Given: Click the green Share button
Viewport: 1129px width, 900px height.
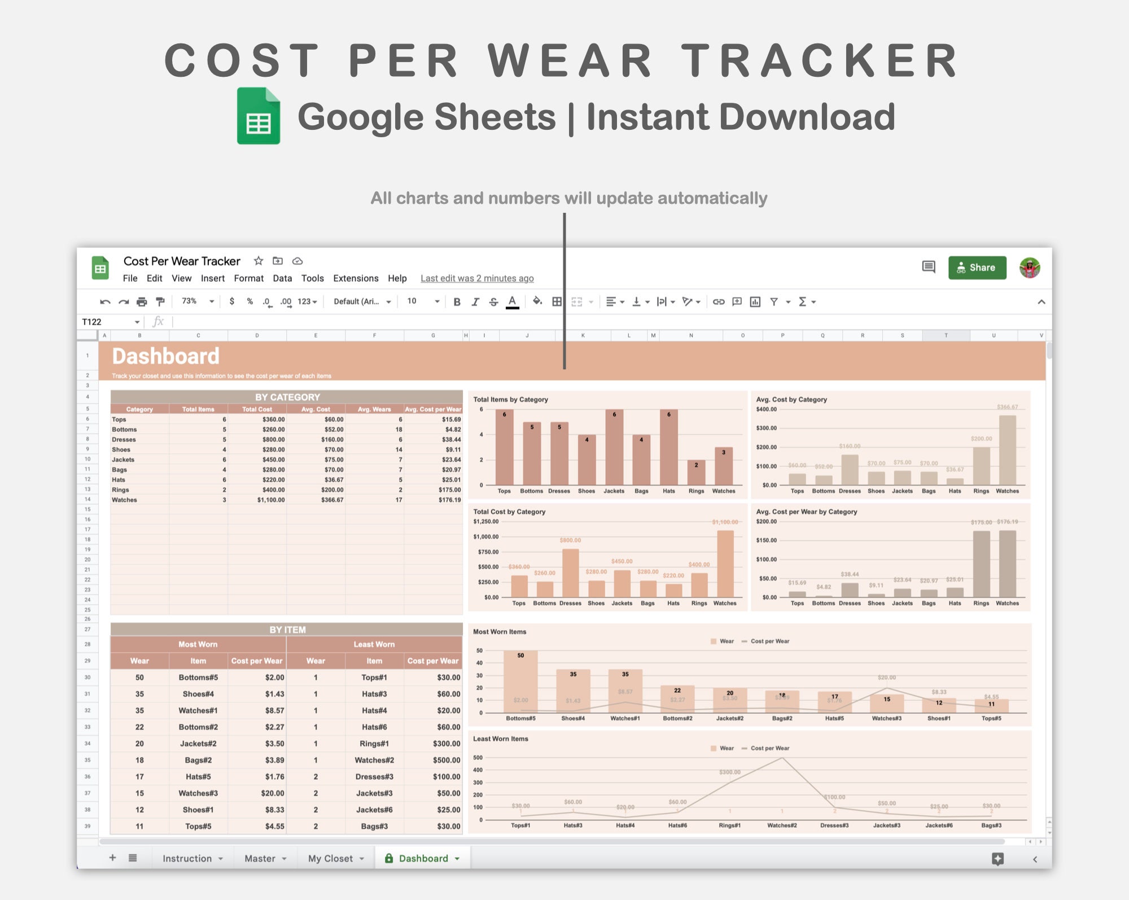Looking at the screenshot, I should pos(977,268).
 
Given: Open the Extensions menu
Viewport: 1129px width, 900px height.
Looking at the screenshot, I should pos(356,278).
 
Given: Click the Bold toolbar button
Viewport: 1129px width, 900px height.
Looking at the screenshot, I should pos(457,302).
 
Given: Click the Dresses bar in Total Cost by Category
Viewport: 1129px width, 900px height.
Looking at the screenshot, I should pos(570,573).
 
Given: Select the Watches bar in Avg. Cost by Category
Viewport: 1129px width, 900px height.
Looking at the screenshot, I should pos(1007,450).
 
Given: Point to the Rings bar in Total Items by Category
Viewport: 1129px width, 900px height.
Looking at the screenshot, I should pos(696,473).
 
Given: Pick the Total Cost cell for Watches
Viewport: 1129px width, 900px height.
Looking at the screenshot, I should pos(271,500).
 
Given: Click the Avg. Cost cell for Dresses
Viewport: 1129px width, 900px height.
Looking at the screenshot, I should pos(332,439).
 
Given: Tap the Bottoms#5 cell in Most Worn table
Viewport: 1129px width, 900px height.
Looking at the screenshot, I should pos(198,678).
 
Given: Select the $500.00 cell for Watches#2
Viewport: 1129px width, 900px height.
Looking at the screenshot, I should pos(446,760).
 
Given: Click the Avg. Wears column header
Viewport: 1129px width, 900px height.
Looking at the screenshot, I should pos(374,409).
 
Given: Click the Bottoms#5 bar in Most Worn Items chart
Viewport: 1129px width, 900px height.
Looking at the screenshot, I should pos(520,681).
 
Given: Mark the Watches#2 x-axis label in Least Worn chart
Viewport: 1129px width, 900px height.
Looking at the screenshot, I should pos(782,825).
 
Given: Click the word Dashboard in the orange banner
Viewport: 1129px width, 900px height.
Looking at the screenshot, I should pos(165,356).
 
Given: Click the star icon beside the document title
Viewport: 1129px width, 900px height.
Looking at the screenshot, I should pos(259,261).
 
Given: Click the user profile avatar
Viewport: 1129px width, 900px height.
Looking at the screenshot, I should pos(1030,268).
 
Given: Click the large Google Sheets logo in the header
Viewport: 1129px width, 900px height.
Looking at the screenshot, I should pos(259,116).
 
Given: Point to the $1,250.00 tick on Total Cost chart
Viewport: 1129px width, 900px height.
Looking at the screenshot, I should pos(485,522).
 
